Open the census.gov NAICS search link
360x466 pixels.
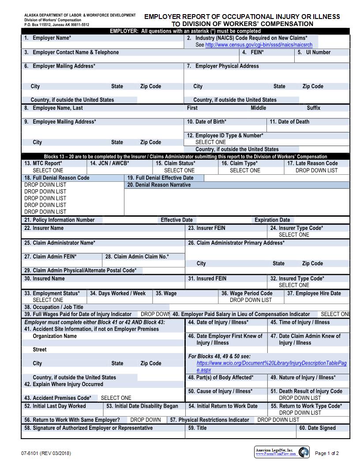coord(259,45)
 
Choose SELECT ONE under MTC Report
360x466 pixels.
coord(48,170)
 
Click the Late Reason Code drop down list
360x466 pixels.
coord(316,170)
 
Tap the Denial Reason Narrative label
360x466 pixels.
coord(159,185)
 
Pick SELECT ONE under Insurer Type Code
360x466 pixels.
coord(294,235)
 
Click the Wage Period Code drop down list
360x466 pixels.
coord(251,300)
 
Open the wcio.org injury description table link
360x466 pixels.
coord(271,363)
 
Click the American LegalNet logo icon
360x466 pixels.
coord(304,452)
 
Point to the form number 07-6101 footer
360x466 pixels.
coord(45,453)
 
